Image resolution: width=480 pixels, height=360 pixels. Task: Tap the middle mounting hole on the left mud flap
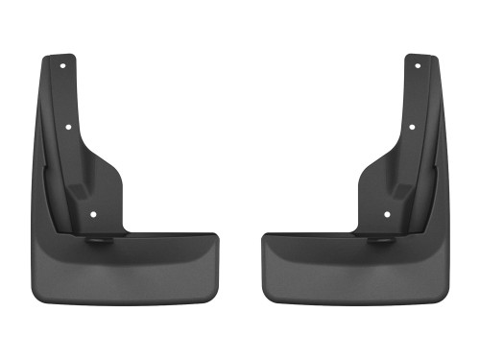69,126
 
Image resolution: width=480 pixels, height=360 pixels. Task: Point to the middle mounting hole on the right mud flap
411,126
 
